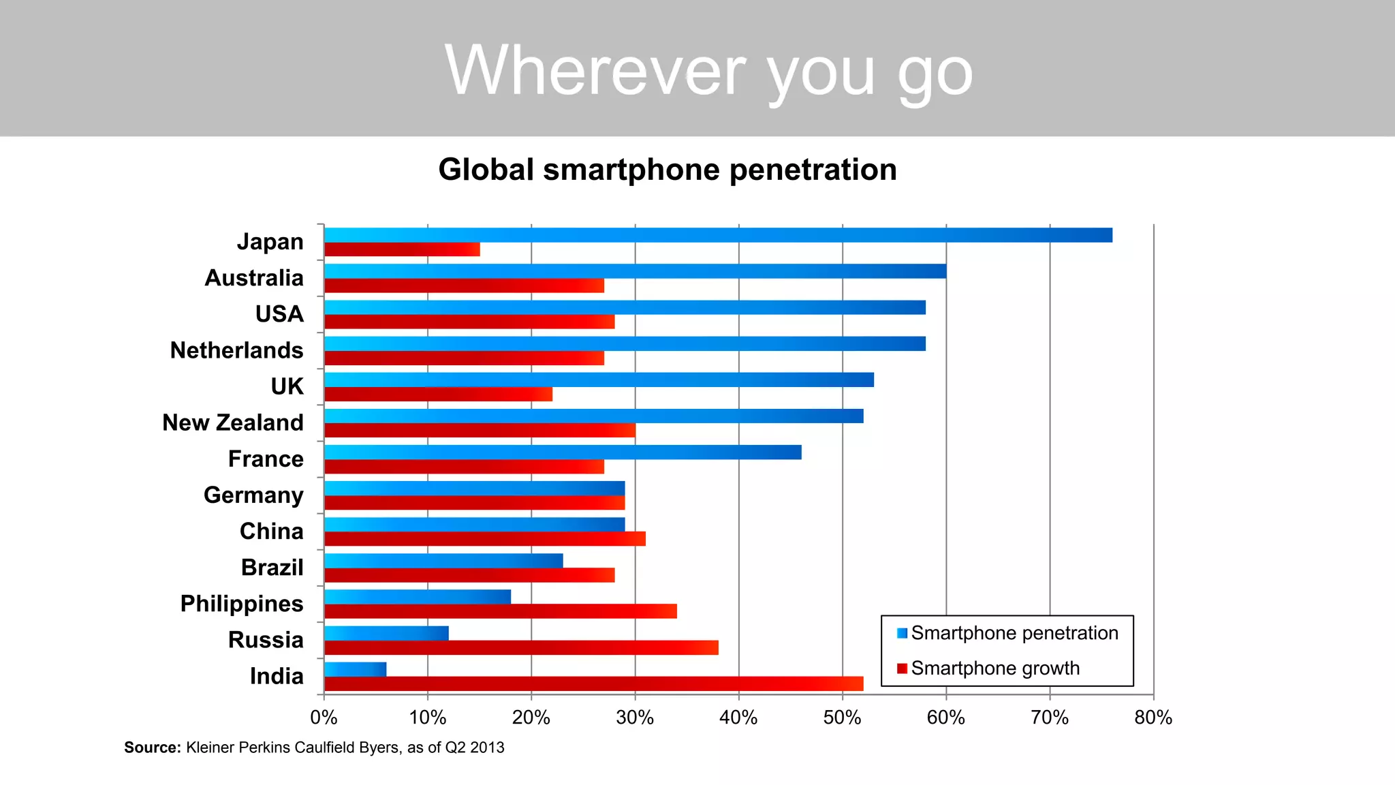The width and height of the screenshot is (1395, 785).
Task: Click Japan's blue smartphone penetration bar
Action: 718,235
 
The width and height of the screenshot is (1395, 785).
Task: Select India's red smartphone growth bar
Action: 593,683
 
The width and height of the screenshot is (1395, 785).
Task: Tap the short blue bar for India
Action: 355,669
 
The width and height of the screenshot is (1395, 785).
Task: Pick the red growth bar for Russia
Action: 521,647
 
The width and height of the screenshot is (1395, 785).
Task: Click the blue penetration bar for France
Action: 563,452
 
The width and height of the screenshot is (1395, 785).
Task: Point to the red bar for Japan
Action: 402,249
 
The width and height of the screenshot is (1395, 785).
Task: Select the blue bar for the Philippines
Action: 418,597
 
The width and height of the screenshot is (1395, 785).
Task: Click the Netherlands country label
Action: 236,350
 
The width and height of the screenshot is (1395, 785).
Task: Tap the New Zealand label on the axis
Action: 232,422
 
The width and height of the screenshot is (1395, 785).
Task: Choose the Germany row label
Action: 253,495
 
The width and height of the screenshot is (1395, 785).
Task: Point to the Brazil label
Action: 272,567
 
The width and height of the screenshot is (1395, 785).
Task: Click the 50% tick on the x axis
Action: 843,718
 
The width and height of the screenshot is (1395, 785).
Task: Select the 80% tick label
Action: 1153,718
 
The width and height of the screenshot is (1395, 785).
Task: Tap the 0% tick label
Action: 324,718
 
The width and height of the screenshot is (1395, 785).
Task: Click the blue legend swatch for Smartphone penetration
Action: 902,633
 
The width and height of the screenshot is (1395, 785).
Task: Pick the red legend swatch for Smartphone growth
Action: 902,668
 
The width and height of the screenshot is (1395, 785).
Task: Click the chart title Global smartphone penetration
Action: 668,170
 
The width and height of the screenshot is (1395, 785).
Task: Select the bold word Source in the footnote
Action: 152,748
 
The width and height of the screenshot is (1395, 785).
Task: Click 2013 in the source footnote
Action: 487,748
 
